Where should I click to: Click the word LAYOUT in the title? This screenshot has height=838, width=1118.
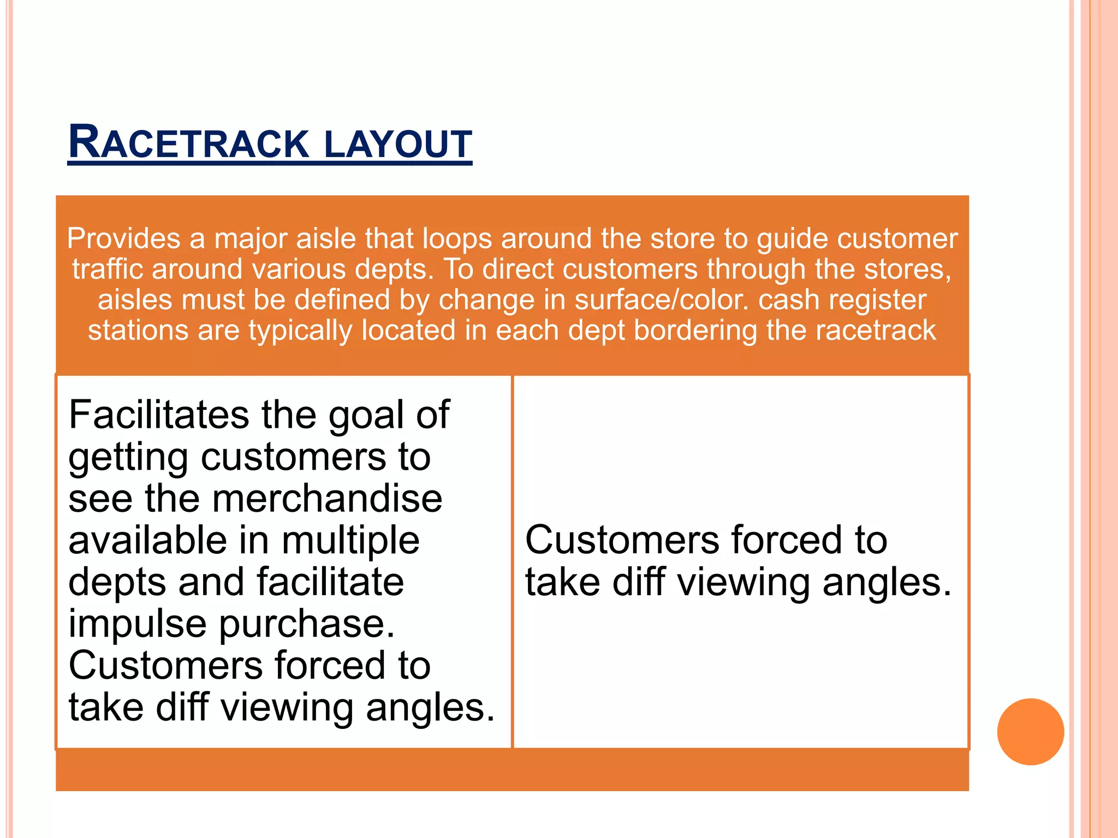click(x=398, y=144)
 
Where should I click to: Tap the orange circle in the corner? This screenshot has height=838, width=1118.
click(x=1030, y=732)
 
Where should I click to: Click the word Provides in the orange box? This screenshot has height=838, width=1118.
click(x=123, y=239)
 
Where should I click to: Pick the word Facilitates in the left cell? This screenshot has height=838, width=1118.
click(x=159, y=415)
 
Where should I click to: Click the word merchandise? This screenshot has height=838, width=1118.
click(x=327, y=499)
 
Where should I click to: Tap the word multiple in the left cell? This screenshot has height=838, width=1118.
click(x=350, y=541)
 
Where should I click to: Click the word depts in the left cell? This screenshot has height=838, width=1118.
click(x=117, y=583)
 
